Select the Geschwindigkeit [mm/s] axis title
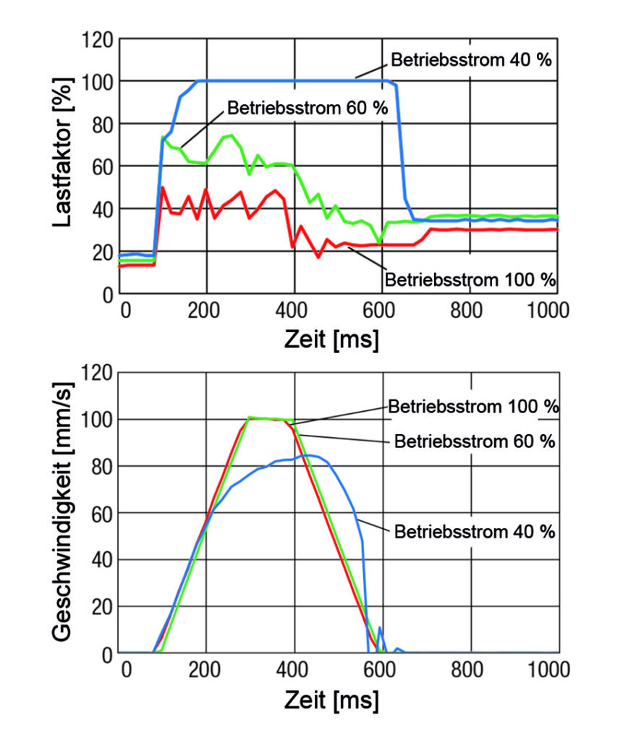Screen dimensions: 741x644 63,514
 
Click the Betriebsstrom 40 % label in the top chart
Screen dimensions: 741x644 471,59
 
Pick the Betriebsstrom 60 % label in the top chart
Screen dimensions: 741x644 308,108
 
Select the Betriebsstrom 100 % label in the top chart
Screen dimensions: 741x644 471,278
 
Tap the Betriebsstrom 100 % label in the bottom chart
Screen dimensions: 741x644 473,406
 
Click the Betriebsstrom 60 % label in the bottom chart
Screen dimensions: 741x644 475,441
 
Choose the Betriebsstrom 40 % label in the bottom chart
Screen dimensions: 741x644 475,532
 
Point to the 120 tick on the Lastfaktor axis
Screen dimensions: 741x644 97,38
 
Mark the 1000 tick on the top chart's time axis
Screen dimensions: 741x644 549,311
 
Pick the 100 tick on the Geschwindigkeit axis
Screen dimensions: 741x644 97,420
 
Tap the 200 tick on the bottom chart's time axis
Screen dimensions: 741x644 206,670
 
